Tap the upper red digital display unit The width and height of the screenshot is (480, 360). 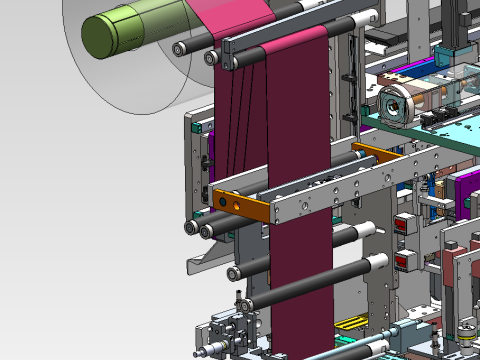tap(405, 225)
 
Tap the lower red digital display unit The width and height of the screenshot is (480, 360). tap(405, 261)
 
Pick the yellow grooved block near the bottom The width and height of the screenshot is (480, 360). tap(350, 323)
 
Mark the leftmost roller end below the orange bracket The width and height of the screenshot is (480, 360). tap(190, 228)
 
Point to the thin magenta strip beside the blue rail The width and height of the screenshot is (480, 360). tap(405, 72)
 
